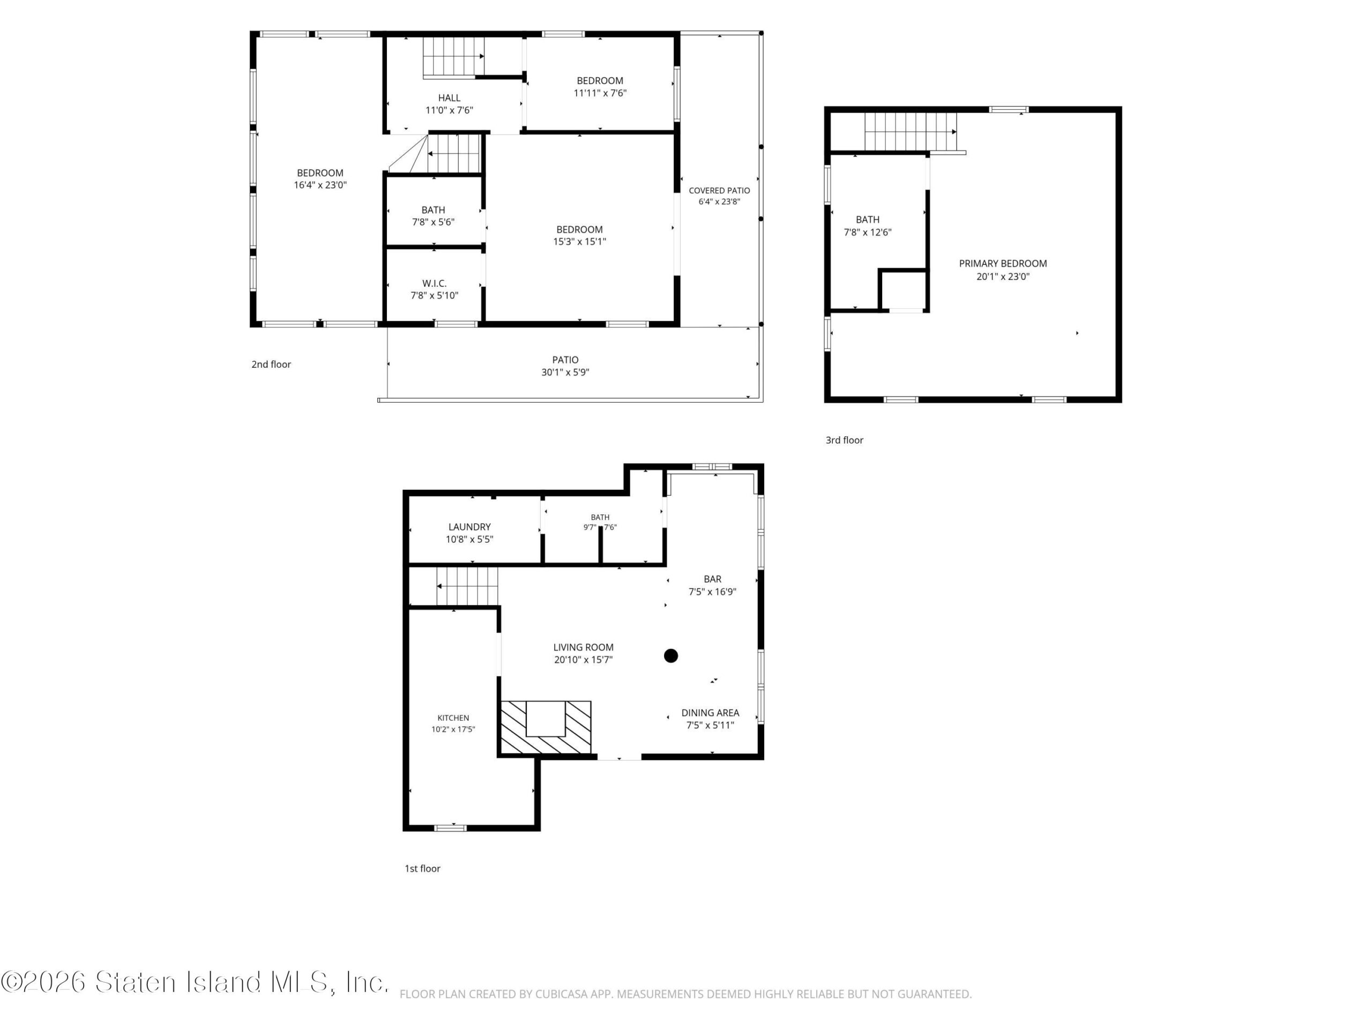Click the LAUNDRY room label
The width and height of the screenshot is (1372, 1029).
pos(469,527)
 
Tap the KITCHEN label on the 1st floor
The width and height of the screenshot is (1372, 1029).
pos(453,718)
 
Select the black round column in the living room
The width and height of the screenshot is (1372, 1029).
pos(670,655)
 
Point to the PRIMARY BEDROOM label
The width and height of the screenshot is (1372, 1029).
pos(1003,264)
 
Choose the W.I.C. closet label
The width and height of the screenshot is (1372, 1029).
pos(434,284)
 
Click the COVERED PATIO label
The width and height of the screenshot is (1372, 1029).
pos(719,190)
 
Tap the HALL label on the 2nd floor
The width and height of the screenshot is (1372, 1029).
pos(449,98)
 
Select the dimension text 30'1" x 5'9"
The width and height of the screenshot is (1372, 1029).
pos(565,372)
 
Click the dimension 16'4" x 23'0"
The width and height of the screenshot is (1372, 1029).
pos(320,185)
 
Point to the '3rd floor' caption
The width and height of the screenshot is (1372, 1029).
pos(844,441)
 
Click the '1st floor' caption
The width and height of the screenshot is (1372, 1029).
pos(422,868)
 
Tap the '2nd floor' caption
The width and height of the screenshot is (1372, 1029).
pos(271,364)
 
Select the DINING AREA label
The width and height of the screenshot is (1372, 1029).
pos(710,713)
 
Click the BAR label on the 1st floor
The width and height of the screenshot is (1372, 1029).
pos(712,579)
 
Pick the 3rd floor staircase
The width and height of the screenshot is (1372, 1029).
pos(911,131)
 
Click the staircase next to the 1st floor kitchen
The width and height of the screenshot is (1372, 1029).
pos(467,586)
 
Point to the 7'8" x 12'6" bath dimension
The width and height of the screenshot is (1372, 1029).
pos(868,232)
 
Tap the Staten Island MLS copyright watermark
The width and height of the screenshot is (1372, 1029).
pos(195,982)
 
